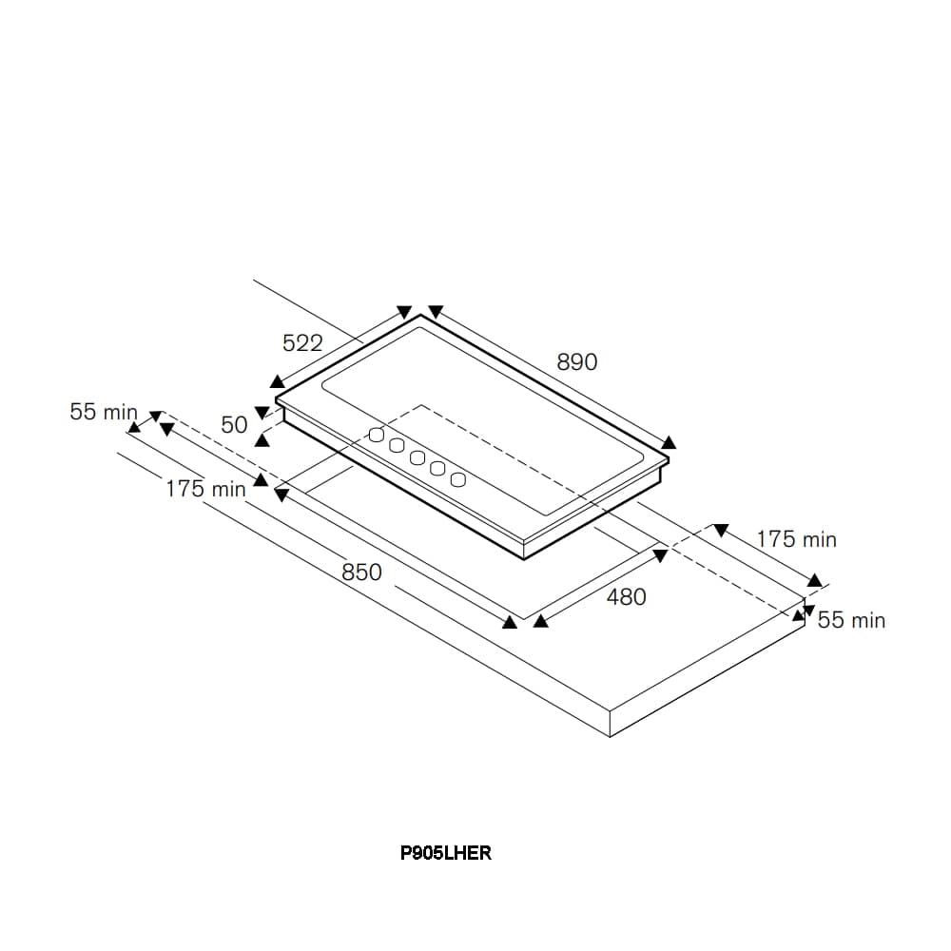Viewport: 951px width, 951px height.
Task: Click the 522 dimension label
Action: [302, 343]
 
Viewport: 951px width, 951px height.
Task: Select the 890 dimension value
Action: [577, 362]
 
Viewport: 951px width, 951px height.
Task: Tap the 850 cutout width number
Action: [361, 572]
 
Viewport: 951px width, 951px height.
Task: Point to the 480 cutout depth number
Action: [626, 597]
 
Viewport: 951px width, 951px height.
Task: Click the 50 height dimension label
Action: [234, 424]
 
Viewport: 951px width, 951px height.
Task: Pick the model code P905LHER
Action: [446, 853]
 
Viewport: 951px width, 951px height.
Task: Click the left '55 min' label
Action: [104, 411]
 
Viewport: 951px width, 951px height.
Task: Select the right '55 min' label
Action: [851, 620]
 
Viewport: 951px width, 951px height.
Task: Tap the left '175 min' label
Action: [206, 488]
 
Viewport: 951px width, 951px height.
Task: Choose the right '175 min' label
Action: [796, 538]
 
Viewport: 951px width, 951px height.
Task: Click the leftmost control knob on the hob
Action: [376, 435]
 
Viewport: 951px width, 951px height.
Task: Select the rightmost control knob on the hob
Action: [458, 479]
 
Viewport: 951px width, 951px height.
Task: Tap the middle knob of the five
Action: [417, 458]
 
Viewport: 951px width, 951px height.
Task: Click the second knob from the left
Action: [397, 446]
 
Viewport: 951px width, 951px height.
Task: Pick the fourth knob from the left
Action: [437, 468]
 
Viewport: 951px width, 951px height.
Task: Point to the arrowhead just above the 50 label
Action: [262, 413]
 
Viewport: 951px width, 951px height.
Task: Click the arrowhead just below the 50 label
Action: [262, 439]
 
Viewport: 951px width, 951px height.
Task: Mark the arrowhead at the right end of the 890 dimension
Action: [669, 441]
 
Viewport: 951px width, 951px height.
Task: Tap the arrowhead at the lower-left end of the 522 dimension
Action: [277, 381]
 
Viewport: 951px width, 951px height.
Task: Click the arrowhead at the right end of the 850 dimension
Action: [510, 622]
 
